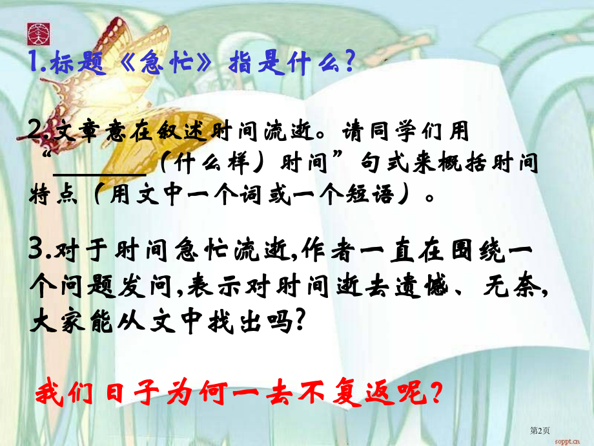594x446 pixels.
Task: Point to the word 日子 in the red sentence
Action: pyautogui.click(x=143, y=392)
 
